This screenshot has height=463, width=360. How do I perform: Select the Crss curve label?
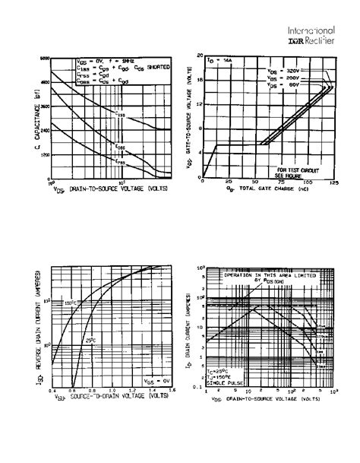(120, 161)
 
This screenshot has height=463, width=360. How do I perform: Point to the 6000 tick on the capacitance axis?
(46, 59)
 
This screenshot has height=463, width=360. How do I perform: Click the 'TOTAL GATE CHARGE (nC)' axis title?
(261, 188)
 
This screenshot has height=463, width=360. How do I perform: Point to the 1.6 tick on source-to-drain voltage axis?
(171, 389)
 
